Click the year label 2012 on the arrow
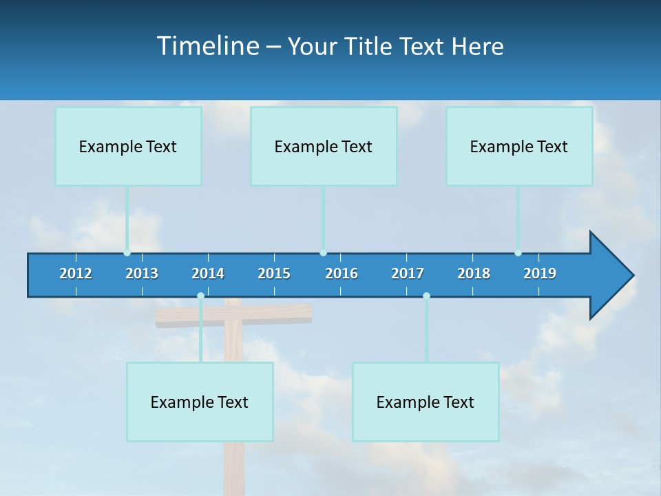coord(76,273)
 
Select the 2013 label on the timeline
coord(142,273)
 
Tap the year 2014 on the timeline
coord(208,273)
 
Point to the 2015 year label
coord(274,273)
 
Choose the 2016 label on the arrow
coord(342,273)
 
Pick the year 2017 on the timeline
coord(408,273)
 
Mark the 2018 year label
coord(474,273)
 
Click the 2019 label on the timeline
coord(540,273)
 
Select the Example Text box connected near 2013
coord(128,146)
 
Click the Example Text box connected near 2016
coord(324,146)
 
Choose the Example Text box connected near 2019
coord(519,146)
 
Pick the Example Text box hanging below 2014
coord(200,402)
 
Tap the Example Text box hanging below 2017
coord(426,402)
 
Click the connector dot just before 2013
coord(127,253)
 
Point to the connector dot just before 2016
coord(323,253)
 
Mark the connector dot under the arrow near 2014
coord(200,296)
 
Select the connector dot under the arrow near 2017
coord(426,296)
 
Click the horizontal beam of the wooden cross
coord(275,314)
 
